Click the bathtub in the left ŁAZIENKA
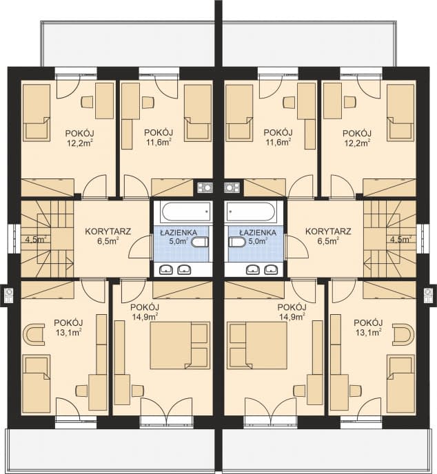186,212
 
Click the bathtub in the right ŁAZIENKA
251,212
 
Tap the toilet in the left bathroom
200,242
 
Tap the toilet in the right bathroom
237,242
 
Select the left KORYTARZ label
108,231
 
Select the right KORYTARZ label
328,231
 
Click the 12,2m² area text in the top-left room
80,143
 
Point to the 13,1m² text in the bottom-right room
368,332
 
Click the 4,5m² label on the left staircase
36,240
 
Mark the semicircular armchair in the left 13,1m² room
34,334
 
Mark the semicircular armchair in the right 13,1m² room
403,334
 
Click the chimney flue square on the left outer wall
9,296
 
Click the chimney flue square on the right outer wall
428,296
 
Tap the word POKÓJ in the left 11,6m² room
159,132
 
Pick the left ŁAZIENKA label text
179,233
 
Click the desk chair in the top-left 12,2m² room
87,102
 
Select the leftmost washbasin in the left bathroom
165,269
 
